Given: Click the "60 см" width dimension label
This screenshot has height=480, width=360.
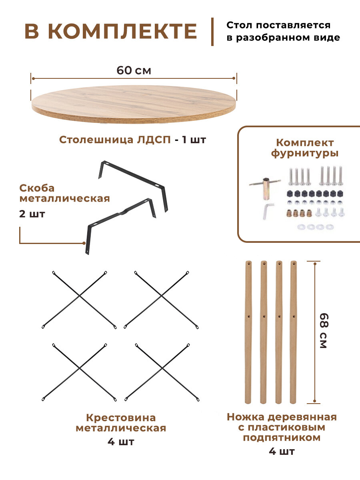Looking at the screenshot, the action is (134, 70).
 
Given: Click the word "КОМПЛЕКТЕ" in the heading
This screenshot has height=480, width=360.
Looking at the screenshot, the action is (122, 32).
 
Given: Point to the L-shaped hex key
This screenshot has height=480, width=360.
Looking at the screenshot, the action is (268, 210).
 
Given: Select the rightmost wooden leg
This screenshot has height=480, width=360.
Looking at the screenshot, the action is (294, 332).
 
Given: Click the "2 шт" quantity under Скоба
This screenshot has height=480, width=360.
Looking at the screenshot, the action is (32, 214).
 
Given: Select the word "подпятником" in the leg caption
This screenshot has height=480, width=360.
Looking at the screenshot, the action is (282, 438).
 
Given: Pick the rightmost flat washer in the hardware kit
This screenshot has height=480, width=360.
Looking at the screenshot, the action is (329, 227).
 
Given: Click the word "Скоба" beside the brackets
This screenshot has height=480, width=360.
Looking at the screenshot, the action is (37, 188).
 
